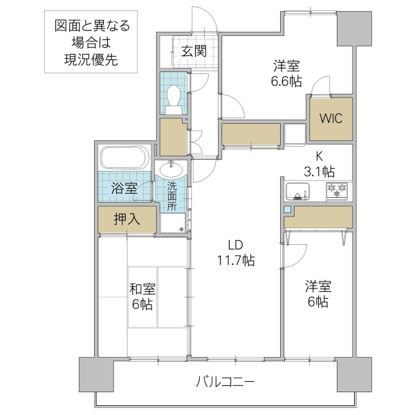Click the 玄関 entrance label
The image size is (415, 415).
point(194,50)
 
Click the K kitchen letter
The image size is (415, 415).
point(320,156)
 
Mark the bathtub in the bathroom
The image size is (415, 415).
point(124,157)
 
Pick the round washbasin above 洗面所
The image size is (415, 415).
point(171,169)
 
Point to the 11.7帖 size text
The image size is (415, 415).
point(235,261)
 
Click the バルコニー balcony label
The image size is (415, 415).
point(225,381)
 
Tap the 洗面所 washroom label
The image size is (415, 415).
point(172,196)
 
